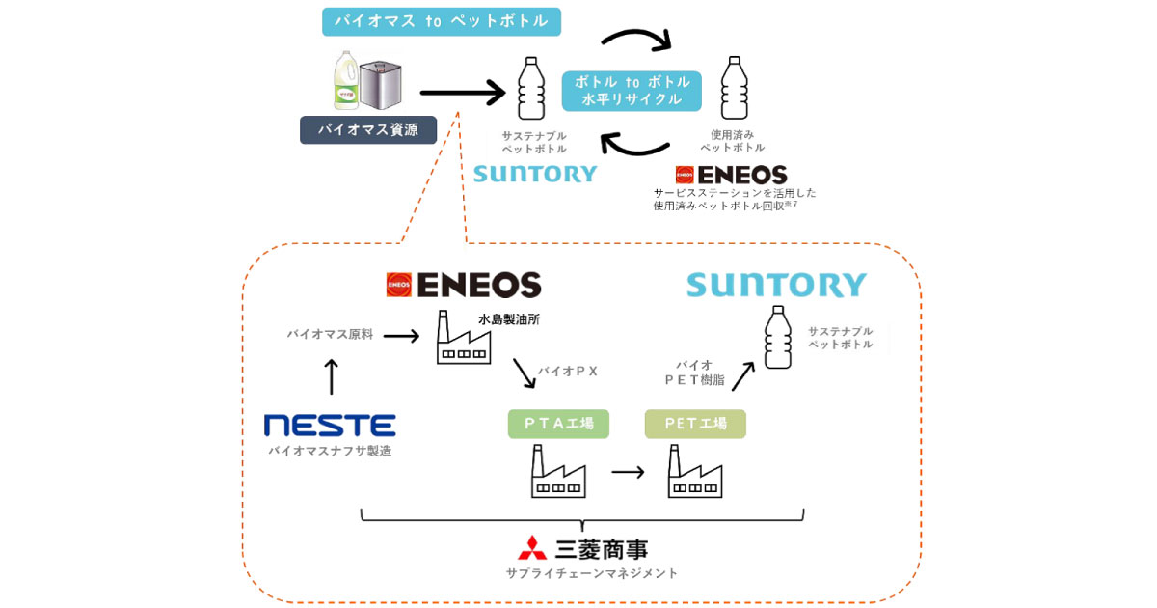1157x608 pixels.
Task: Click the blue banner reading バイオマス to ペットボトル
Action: [x=441, y=21]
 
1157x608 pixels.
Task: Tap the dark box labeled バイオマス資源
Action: [x=367, y=129]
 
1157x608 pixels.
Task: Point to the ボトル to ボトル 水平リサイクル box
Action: [x=632, y=91]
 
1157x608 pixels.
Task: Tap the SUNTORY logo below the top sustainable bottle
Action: [x=534, y=175]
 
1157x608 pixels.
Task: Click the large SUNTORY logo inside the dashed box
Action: [x=776, y=285]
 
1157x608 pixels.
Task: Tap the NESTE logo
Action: [x=330, y=425]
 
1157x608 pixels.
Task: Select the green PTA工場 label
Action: [x=558, y=424]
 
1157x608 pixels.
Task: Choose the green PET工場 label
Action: [x=694, y=424]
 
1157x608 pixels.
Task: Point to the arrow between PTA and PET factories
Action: [x=628, y=473]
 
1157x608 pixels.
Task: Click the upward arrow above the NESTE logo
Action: [x=331, y=375]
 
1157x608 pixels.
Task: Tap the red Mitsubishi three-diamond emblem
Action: [x=532, y=547]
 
